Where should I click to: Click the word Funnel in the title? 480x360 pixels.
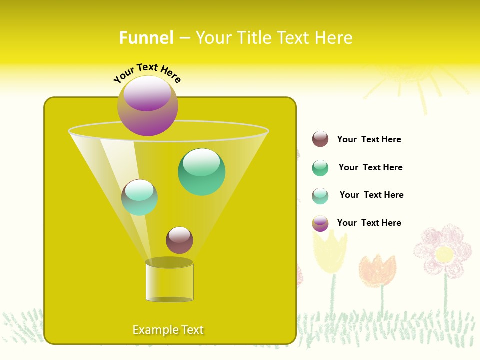tap(146, 38)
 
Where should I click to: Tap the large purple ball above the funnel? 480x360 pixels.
tap(148, 106)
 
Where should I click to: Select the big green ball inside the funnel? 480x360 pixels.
tap(201, 172)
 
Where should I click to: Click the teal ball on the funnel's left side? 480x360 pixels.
tap(139, 197)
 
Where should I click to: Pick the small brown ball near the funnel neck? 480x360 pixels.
tap(179, 240)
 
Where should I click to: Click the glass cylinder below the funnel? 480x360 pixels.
tap(169, 282)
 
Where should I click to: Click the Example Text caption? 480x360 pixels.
tap(168, 330)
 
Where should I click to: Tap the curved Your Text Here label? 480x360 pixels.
tap(147, 73)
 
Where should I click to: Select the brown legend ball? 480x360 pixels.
tap(320, 139)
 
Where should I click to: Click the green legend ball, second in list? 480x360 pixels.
tap(320, 168)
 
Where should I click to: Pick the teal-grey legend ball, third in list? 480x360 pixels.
tap(320, 196)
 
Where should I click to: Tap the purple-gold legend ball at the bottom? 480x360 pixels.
tap(320, 223)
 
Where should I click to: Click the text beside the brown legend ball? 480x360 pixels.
tap(369, 139)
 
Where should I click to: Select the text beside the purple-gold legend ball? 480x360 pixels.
tap(369, 223)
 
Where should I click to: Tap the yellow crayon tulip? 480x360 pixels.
tap(329, 253)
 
